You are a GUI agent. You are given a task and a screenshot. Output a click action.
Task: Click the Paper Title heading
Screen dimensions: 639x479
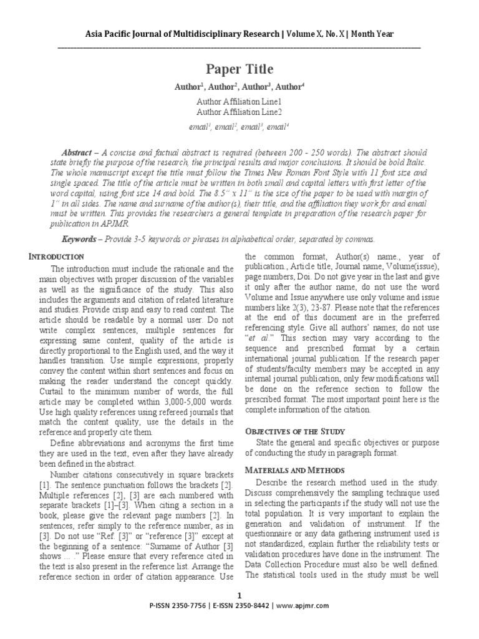(x=239, y=69)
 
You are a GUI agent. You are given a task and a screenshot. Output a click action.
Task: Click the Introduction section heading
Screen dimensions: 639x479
(x=57, y=256)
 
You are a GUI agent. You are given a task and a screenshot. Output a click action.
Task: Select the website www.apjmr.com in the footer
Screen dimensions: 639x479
(x=302, y=606)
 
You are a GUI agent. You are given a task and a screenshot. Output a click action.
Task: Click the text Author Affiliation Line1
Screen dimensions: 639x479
(x=239, y=101)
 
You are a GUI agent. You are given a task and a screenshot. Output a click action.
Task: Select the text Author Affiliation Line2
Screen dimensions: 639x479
(x=239, y=112)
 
